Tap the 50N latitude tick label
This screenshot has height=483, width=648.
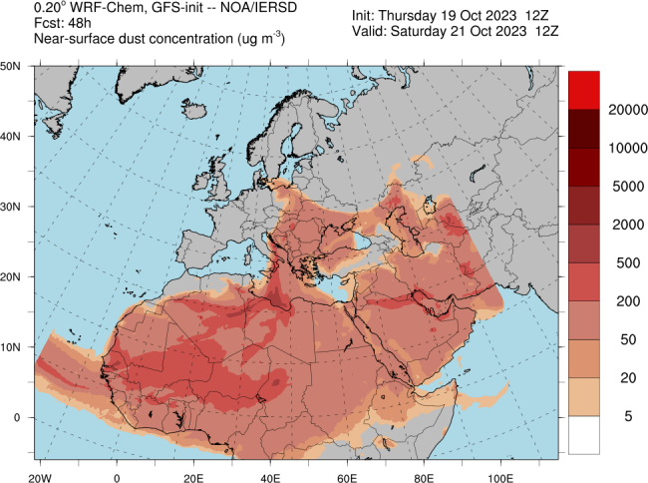coord(12,66)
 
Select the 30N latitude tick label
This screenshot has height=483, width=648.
coord(12,207)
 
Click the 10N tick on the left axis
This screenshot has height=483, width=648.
coord(12,347)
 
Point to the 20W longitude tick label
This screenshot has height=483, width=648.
coord(40,465)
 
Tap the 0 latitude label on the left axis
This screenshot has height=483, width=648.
coord(17,417)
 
